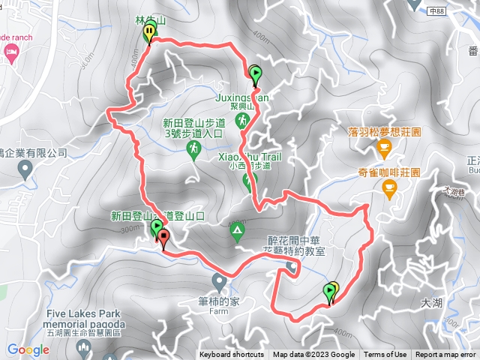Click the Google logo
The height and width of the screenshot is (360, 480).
click(x=28, y=349)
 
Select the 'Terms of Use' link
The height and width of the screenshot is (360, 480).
click(x=385, y=355)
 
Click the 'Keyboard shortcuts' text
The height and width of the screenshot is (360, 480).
click(x=232, y=355)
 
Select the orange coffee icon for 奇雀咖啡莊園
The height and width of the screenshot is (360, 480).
click(x=389, y=190)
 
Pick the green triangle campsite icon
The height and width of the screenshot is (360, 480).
click(x=238, y=230)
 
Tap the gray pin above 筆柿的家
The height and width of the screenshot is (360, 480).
click(x=219, y=281)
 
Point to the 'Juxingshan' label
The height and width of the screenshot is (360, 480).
click(x=241, y=97)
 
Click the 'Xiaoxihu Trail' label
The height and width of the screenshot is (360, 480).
click(x=249, y=157)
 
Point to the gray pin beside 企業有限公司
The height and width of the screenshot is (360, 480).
click(x=26, y=172)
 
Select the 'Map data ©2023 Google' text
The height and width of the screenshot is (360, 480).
click(x=313, y=355)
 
